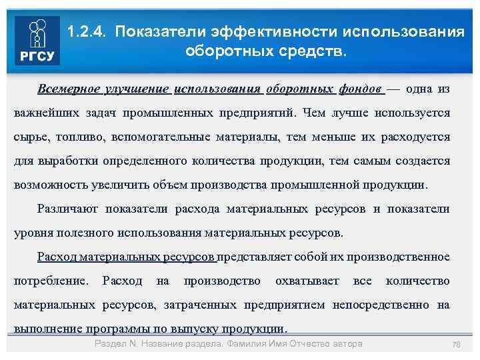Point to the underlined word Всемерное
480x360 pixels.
pos(69,89)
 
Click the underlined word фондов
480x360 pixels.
pos(359,89)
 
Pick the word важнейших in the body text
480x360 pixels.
pos(44,113)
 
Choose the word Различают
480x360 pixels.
pos(67,209)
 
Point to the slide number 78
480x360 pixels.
pos(457,345)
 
